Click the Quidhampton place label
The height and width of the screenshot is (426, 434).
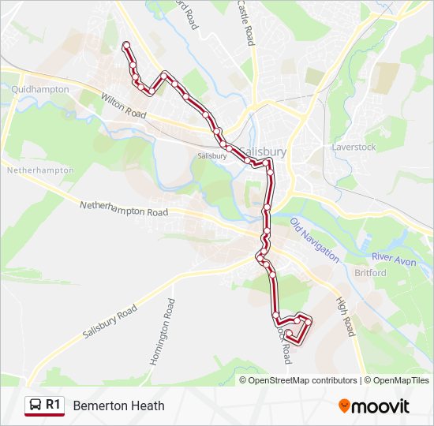[x=40, y=90]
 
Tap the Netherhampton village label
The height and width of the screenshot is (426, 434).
[x=39, y=170]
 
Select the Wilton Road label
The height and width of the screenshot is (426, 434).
[x=123, y=106]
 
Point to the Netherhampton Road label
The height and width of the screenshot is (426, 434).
[x=124, y=208]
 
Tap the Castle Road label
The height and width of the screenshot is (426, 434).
[x=246, y=22]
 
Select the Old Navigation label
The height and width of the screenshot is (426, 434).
[x=314, y=240]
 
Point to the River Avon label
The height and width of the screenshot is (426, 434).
[x=392, y=258]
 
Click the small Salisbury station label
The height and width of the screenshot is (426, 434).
[x=212, y=156]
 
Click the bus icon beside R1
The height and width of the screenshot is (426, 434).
[x=36, y=405]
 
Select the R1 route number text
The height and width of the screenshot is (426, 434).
[x=53, y=405]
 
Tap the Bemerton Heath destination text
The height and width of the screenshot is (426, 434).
[x=118, y=405]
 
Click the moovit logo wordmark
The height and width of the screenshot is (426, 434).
[x=381, y=406]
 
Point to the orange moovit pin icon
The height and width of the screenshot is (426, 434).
[x=345, y=405]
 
